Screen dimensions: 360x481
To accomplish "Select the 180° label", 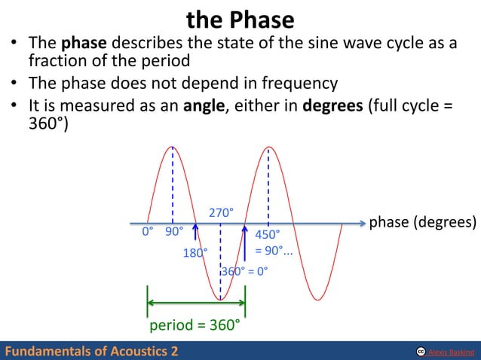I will tap(195, 253).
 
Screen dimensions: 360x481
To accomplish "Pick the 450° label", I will tap(268, 234).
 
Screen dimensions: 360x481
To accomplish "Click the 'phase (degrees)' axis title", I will tap(422, 223).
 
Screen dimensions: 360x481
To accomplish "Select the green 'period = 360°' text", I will tap(195, 326).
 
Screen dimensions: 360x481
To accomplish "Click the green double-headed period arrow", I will tap(196, 303).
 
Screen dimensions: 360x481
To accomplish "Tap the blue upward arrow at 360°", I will tap(245, 241).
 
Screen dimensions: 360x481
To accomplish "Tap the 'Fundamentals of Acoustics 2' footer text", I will tap(92, 351).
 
